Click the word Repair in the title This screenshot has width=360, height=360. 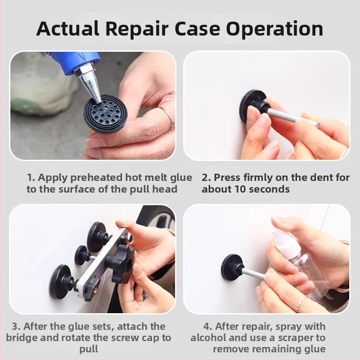137,29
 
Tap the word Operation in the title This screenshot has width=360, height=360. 274,29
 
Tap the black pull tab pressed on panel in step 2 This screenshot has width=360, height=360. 252,106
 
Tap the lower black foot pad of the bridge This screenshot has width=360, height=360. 63,282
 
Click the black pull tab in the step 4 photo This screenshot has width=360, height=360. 232,267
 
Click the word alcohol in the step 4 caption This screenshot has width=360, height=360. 208,337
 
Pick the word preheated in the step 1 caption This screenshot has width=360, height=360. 96,177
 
